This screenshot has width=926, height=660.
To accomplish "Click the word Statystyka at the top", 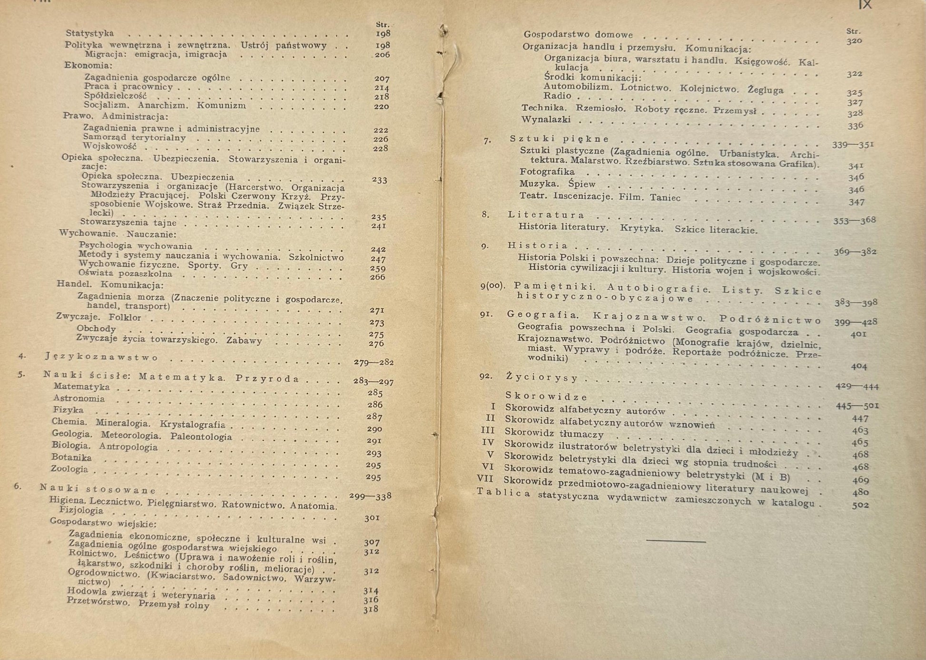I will (x=89, y=33).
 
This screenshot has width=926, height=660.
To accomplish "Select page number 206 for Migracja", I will (x=382, y=55).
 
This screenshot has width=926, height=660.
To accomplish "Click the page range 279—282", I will (x=374, y=362).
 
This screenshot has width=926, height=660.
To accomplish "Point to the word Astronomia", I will (x=79, y=398).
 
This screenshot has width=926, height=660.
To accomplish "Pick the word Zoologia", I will (x=69, y=469).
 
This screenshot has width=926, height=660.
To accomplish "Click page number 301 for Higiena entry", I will (x=372, y=518).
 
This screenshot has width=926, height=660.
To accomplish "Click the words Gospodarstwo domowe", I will (x=578, y=34).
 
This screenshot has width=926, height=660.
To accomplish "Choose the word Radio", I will (x=557, y=96).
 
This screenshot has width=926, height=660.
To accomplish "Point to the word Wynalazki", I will (x=546, y=119).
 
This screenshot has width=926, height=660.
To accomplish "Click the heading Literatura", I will (x=546, y=215).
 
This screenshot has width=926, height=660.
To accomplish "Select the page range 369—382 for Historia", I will (x=855, y=252).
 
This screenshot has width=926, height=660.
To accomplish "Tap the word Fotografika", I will (x=547, y=172).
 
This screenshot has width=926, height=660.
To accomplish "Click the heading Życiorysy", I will (x=542, y=378).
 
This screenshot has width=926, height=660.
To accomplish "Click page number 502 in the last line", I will (x=860, y=505).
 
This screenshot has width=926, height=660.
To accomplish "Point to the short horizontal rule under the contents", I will (x=676, y=541).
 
